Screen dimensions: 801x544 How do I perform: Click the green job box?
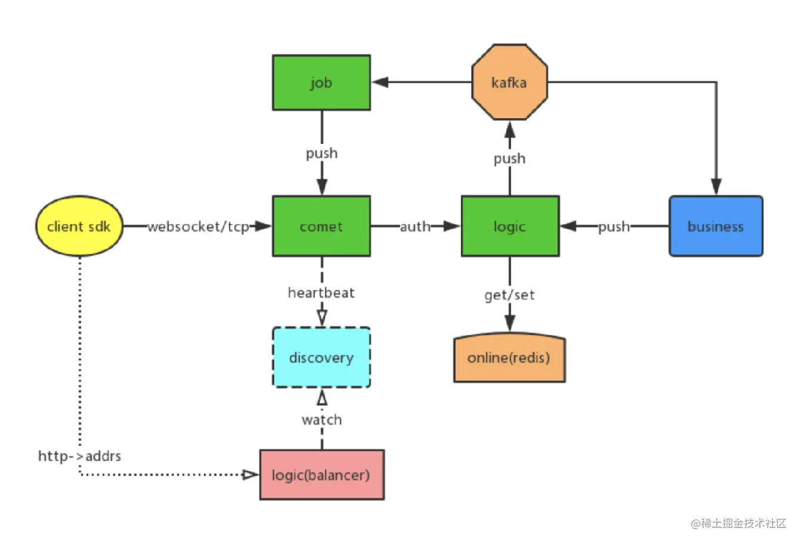click(321, 82)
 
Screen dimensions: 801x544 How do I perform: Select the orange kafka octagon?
click(509, 82)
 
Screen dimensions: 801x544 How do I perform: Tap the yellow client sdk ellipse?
click(79, 226)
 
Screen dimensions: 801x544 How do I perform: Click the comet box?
click(321, 226)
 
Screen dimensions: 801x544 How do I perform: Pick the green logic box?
click(511, 226)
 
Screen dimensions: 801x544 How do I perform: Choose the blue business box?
click(716, 226)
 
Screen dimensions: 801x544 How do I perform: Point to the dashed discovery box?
click(321, 357)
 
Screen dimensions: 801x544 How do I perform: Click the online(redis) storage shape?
click(509, 357)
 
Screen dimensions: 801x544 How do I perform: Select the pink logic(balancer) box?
click(322, 475)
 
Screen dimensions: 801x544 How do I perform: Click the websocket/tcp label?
click(199, 227)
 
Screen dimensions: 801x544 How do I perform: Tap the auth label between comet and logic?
click(415, 227)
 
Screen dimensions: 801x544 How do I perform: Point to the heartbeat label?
click(321, 292)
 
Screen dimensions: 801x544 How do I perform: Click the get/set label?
click(509, 295)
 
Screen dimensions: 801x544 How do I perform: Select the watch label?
click(322, 419)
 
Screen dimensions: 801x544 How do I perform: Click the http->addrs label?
click(79, 456)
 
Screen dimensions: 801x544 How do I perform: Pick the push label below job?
click(322, 153)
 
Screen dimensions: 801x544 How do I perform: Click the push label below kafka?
click(509, 159)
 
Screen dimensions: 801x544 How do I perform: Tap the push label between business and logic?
click(614, 227)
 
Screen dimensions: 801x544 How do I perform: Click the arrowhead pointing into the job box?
click(380, 82)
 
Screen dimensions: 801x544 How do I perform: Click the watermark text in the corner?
click(738, 523)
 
